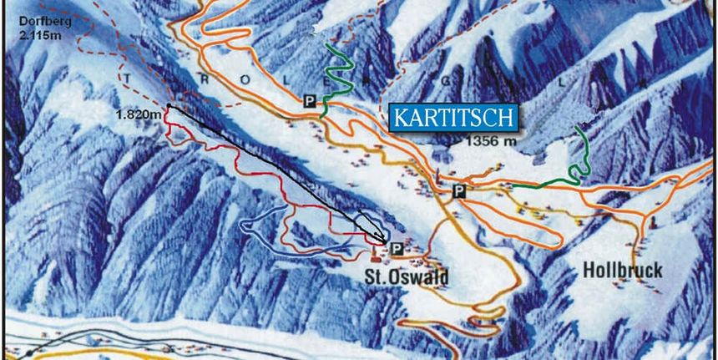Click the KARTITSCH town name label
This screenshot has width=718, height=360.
click(452, 118)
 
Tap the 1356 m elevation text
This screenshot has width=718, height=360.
click(492, 141)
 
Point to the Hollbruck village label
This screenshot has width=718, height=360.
click(622, 271)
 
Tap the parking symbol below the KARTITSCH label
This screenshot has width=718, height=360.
click(458, 191)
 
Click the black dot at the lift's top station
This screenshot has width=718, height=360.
click(169, 105)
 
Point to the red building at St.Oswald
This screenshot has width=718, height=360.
click(375, 251)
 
